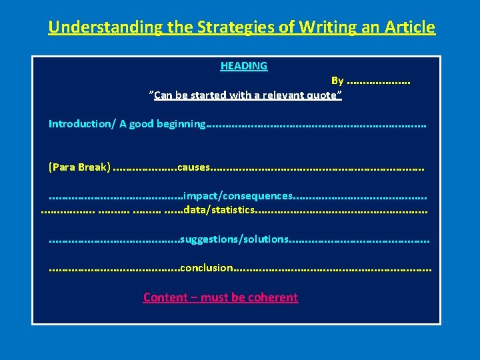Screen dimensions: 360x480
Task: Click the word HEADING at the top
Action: pos(244,66)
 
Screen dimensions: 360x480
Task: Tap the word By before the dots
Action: pos(337,81)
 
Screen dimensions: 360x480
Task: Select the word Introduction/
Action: pos(81,124)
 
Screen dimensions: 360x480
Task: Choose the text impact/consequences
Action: pos(237,196)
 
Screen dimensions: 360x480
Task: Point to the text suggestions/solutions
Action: pos(234,239)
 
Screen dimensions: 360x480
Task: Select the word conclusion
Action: pos(206,268)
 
